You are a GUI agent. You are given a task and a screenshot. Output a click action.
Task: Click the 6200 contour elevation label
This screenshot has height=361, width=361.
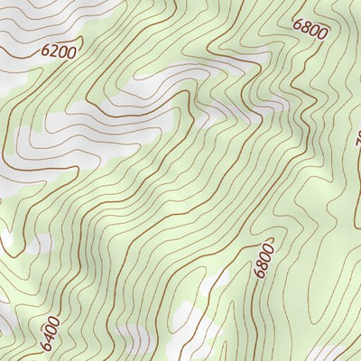[x=59, y=51]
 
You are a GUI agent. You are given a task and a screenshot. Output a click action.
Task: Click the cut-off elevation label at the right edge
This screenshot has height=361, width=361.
[x=357, y=139]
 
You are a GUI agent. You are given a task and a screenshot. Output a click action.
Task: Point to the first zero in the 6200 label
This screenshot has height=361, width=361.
[x=63, y=51]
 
